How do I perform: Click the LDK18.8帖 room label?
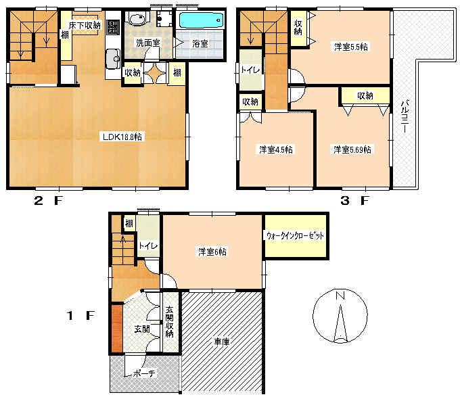(x=122, y=137)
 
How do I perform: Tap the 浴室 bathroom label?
(x=200, y=43)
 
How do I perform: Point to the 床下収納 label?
(x=85, y=25)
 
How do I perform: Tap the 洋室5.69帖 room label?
(x=350, y=149)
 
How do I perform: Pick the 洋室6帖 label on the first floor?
(x=212, y=251)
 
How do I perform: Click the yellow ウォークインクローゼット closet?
(x=296, y=236)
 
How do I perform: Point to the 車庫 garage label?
(x=223, y=342)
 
